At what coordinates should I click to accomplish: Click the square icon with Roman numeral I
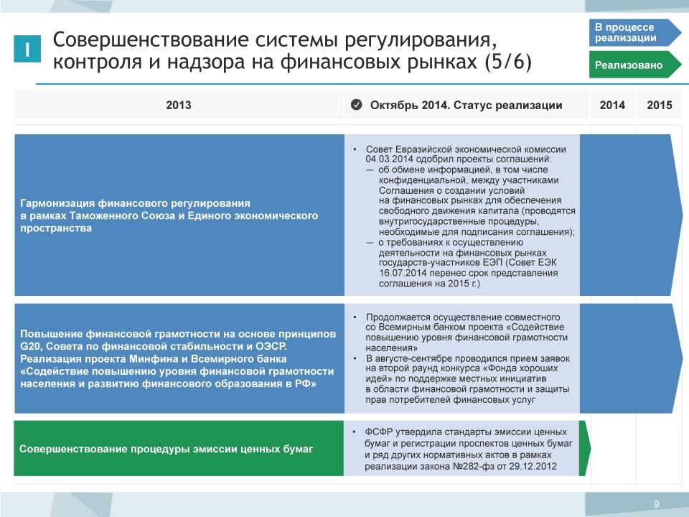(27, 48)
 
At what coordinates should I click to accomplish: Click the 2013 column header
(179, 105)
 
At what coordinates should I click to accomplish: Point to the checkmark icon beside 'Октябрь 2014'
(357, 105)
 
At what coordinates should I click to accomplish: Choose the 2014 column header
(612, 105)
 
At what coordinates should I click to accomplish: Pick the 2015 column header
(659, 105)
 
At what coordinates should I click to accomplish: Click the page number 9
(657, 504)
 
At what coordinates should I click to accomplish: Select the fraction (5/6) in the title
(508, 62)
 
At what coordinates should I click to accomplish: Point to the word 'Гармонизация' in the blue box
(57, 203)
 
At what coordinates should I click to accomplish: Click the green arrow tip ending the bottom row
(590, 448)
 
